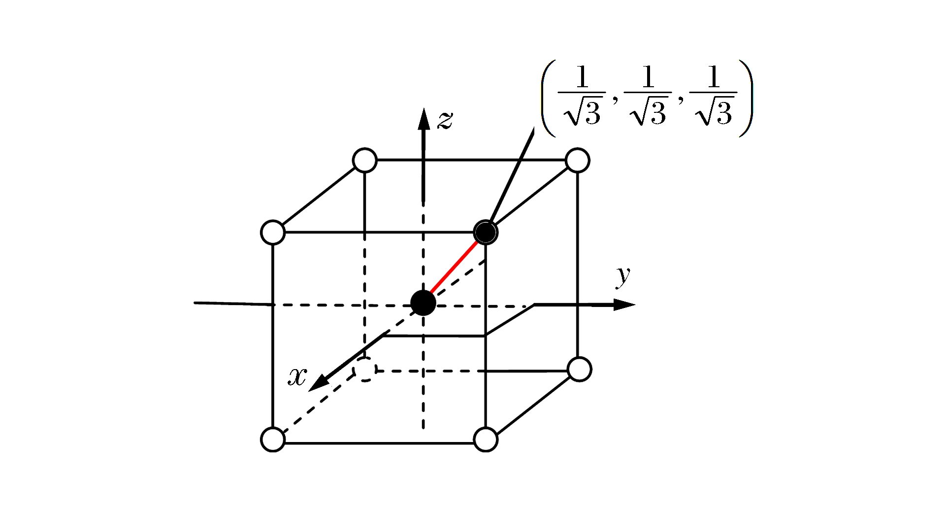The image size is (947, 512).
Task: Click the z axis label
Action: pyautogui.click(x=445, y=120)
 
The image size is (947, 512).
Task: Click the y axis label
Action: pyautogui.click(x=623, y=275)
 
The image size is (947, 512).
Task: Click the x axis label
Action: pyautogui.click(x=297, y=376)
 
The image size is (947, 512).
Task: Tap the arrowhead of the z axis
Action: pyautogui.click(x=424, y=118)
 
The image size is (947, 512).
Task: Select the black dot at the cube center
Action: pyautogui.click(x=423, y=303)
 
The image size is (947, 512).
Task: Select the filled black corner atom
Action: pyautogui.click(x=486, y=232)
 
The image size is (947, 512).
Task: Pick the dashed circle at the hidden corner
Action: pyautogui.click(x=365, y=370)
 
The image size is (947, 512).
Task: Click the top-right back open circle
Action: pyautogui.click(x=578, y=160)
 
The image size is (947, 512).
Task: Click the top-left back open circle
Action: pyautogui.click(x=365, y=160)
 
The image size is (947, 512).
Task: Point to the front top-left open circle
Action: pyautogui.click(x=273, y=232)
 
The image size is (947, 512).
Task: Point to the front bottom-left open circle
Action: pyautogui.click(x=273, y=440)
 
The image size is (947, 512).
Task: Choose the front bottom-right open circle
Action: pyautogui.click(x=486, y=440)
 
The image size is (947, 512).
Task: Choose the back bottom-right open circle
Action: pyautogui.click(x=579, y=369)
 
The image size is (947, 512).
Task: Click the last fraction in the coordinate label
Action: pyautogui.click(x=714, y=95)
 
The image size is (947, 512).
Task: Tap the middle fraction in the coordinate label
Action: pyautogui.click(x=648, y=95)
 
